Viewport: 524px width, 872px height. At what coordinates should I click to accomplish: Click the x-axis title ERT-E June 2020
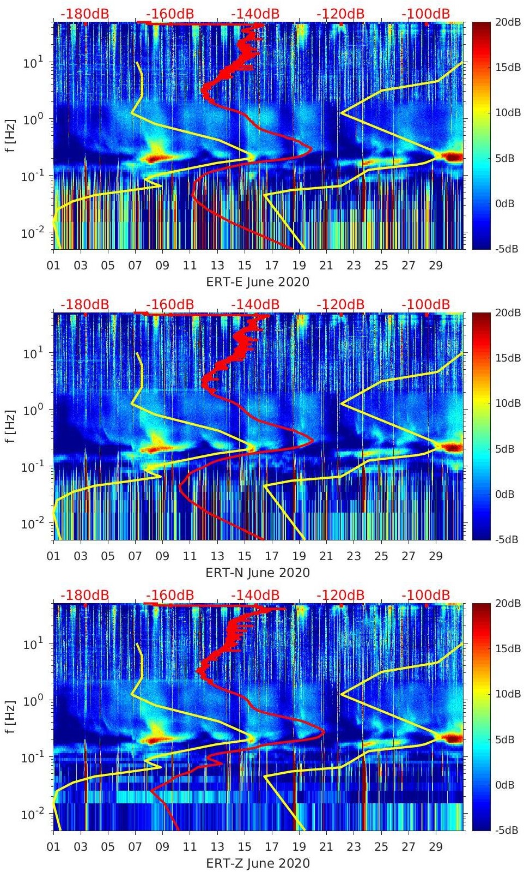[258, 282]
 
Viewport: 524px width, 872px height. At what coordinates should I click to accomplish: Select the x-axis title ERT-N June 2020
[258, 573]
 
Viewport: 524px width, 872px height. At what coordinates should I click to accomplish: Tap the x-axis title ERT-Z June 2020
[258, 863]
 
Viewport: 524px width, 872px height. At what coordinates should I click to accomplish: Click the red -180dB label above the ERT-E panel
[85, 14]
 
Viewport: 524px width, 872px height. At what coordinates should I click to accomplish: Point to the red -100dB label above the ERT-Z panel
[426, 595]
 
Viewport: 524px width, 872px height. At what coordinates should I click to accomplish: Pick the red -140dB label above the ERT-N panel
[255, 304]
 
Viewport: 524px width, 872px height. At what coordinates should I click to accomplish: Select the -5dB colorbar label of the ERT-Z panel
[508, 831]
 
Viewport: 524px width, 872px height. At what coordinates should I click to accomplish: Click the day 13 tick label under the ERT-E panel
[217, 266]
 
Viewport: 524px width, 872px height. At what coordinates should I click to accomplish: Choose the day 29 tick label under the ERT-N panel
[436, 556]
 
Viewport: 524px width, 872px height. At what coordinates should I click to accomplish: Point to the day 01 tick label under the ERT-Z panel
[53, 847]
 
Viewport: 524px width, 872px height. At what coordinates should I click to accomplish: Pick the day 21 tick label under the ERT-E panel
[326, 266]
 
